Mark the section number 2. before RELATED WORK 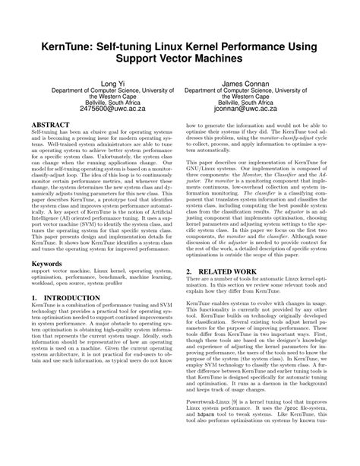(190, 291)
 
